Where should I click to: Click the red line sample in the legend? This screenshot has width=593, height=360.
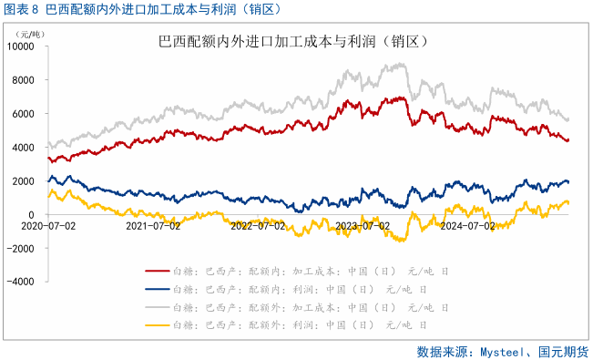pos(156,272)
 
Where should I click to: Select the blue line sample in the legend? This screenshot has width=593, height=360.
pos(156,290)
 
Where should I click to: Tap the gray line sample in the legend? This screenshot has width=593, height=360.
pos(156,307)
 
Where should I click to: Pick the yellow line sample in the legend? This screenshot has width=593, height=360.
pos(156,325)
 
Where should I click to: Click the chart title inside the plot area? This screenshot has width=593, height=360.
pos(293,42)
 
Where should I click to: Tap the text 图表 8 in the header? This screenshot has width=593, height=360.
pos(21,10)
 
